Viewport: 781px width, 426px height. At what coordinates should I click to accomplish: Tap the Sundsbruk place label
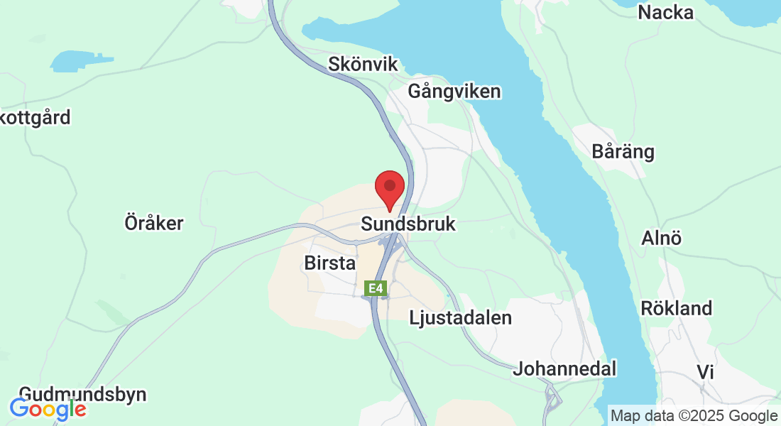click(408, 224)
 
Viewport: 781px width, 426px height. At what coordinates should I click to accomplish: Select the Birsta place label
click(329, 263)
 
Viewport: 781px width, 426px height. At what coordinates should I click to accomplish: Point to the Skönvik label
click(363, 64)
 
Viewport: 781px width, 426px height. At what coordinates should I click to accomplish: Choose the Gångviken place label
click(454, 92)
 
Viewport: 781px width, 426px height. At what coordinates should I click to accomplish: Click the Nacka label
click(665, 12)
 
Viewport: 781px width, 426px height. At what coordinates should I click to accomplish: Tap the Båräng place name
click(623, 152)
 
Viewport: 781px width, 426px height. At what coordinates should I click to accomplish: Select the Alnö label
click(661, 237)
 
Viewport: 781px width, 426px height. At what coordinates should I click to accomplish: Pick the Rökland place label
click(676, 308)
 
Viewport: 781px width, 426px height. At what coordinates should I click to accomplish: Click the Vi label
click(705, 372)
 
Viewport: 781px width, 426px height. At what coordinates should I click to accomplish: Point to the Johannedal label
click(564, 368)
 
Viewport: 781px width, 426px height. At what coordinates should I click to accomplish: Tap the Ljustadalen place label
click(460, 317)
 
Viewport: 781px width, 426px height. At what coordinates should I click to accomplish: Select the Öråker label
click(154, 223)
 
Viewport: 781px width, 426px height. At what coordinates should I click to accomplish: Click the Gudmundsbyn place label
click(82, 394)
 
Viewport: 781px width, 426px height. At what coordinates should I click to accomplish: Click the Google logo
click(48, 409)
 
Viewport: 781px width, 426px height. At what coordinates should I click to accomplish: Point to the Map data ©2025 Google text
click(694, 415)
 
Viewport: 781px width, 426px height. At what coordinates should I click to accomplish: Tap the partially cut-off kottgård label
click(35, 117)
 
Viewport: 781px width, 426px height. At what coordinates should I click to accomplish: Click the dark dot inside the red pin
click(389, 185)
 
